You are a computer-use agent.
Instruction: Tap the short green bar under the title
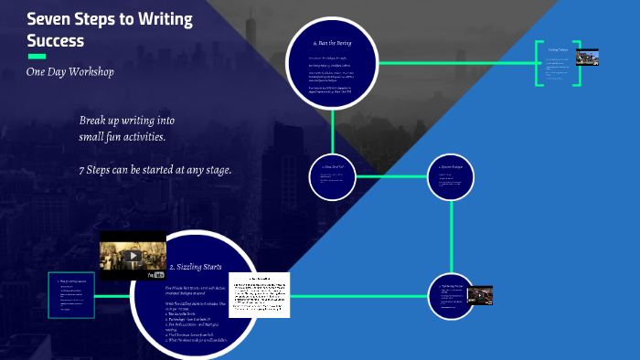click(37, 56)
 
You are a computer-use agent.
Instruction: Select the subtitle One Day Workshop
click(70, 72)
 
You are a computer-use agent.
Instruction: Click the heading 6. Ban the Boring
click(332, 43)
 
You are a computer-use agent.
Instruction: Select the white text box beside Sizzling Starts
click(258, 294)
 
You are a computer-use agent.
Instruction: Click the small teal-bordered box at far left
click(72, 296)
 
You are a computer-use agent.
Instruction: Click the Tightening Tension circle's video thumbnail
click(480, 295)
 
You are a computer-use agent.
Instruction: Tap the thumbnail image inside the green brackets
click(586, 57)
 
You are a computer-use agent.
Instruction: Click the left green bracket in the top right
click(538, 63)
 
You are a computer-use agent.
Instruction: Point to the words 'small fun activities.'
click(122, 137)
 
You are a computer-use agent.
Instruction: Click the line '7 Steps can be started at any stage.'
click(155, 170)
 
